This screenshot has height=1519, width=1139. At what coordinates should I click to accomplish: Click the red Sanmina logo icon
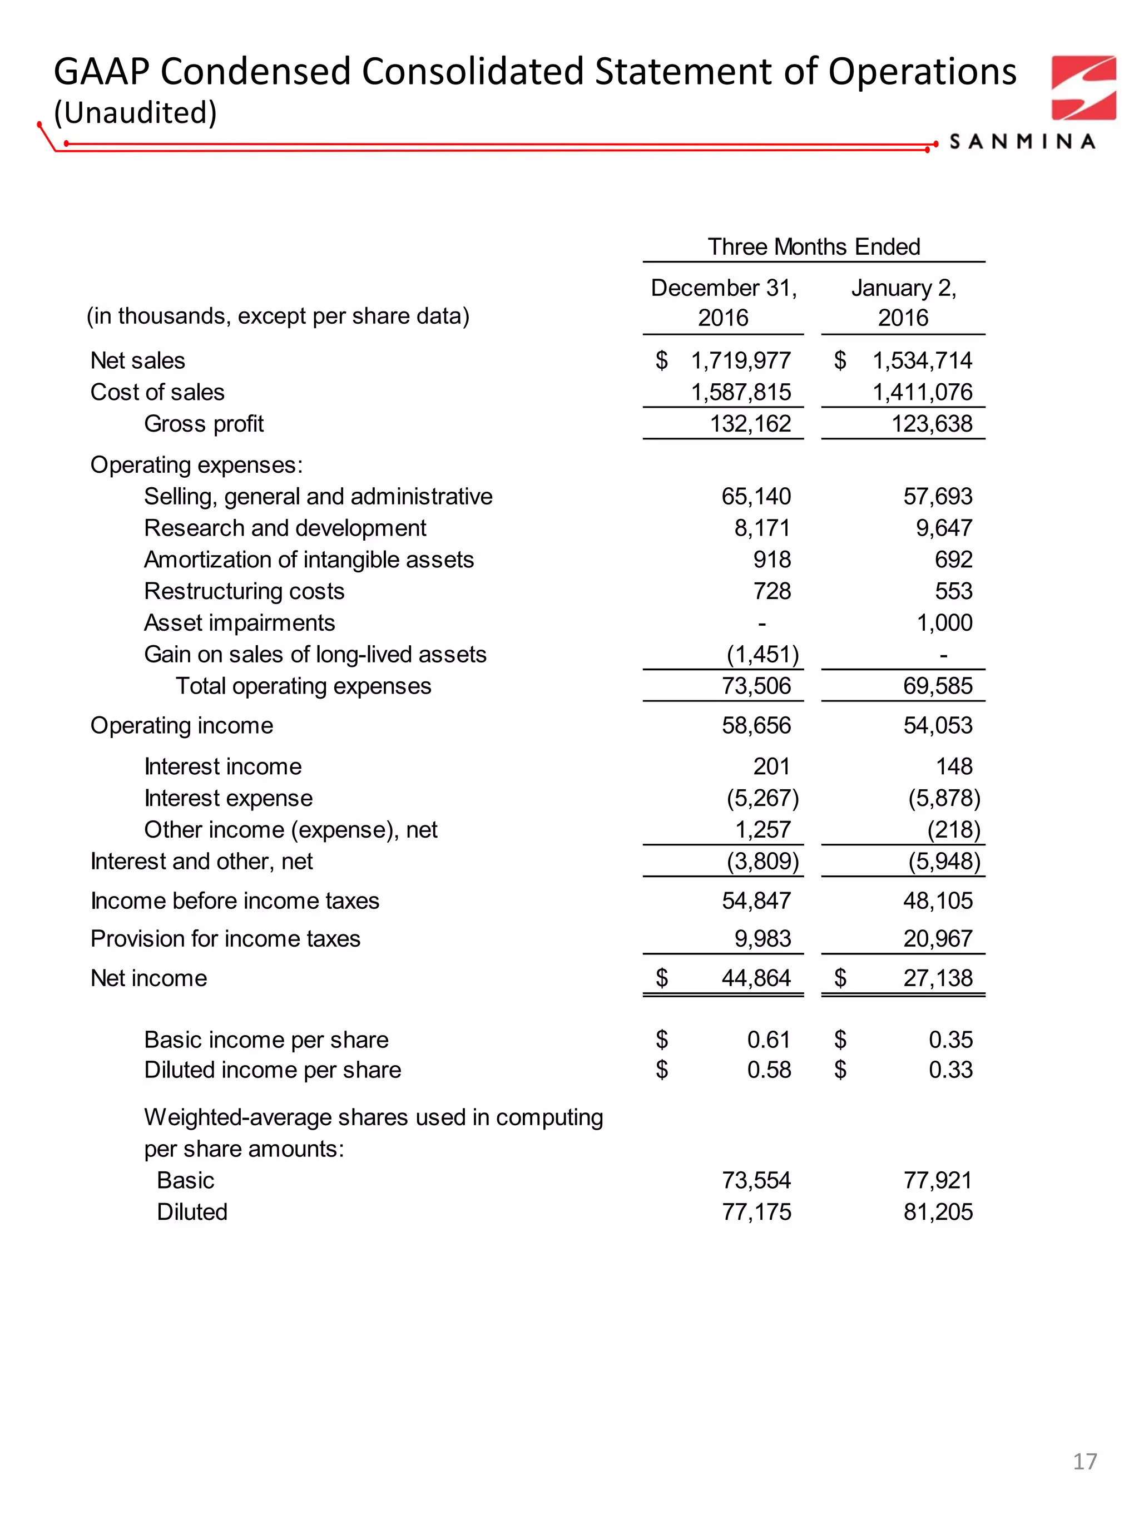click(x=1083, y=88)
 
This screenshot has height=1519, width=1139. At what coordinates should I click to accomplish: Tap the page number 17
click(x=1084, y=1481)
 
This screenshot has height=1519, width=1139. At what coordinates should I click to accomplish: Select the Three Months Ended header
click(x=813, y=246)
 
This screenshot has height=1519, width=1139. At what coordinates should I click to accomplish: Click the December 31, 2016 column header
click(x=723, y=302)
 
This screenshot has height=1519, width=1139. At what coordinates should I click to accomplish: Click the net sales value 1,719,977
click(x=740, y=360)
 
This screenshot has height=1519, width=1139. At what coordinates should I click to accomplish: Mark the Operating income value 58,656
click(x=756, y=726)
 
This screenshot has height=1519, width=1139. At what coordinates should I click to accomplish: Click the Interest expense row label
click(x=228, y=798)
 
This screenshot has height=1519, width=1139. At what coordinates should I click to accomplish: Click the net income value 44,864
click(x=756, y=978)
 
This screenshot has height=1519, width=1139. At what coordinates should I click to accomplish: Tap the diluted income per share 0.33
click(x=950, y=1070)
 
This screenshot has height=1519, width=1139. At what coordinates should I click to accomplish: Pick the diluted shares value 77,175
click(x=756, y=1212)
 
